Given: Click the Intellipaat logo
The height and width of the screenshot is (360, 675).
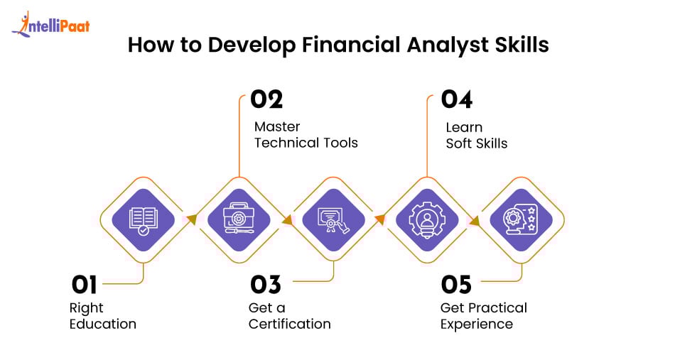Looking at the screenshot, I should pyautogui.click(x=50, y=26).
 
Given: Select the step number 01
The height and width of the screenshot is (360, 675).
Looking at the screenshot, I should pyautogui.click(x=84, y=285).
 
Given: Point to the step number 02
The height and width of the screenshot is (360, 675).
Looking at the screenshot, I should pyautogui.click(x=266, y=99).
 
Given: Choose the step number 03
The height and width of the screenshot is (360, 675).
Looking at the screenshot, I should pyautogui.click(x=265, y=285).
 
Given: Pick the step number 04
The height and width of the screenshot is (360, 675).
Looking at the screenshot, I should pyautogui.click(x=456, y=99).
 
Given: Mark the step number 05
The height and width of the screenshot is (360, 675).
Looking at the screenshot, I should pyautogui.click(x=456, y=285).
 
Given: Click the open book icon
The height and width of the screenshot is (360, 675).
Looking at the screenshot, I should pyautogui.click(x=143, y=219).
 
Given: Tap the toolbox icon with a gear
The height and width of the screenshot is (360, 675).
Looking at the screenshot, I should pyautogui.click(x=239, y=219).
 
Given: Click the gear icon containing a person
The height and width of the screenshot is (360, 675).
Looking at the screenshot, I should pyautogui.click(x=428, y=219).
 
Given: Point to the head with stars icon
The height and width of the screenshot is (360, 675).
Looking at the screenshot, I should pyautogui.click(x=523, y=219).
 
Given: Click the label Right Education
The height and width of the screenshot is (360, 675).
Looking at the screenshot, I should pyautogui.click(x=102, y=316).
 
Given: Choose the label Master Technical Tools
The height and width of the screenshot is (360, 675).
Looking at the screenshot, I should pyautogui.click(x=306, y=135).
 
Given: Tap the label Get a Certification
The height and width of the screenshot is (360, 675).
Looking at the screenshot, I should pyautogui.click(x=289, y=316).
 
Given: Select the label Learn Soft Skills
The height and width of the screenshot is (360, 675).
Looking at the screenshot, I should pyautogui.click(x=476, y=135).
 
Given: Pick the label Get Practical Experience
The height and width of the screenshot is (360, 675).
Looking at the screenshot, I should pyautogui.click(x=483, y=316).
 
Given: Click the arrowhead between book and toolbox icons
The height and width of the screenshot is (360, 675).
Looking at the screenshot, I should pyautogui.click(x=190, y=219).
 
